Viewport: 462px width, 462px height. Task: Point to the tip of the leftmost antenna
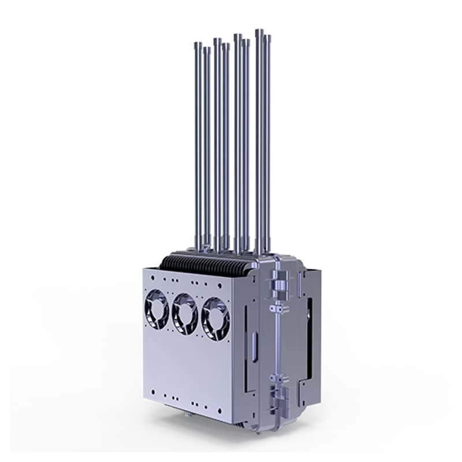click(x=196, y=43)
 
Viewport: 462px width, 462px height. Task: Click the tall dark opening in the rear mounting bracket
click(x=310, y=335)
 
